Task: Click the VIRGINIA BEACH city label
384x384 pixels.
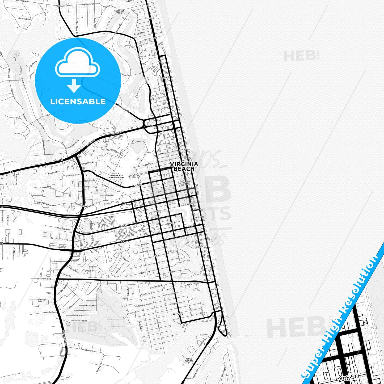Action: click(x=184, y=166)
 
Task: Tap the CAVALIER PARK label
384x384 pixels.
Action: click(x=119, y=12)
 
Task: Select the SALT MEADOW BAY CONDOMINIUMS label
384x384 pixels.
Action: click(x=117, y=175)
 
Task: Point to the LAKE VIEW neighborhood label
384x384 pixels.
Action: click(x=177, y=314)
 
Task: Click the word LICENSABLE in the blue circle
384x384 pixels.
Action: click(x=78, y=102)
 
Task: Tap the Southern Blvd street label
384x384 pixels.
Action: click(x=44, y=279)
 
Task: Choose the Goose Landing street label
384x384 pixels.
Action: click(x=79, y=320)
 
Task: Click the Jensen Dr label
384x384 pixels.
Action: click(x=41, y=300)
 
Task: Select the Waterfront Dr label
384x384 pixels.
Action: click(x=50, y=188)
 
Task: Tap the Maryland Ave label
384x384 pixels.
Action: click(x=169, y=294)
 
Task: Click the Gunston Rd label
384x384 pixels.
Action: click(x=22, y=19)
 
